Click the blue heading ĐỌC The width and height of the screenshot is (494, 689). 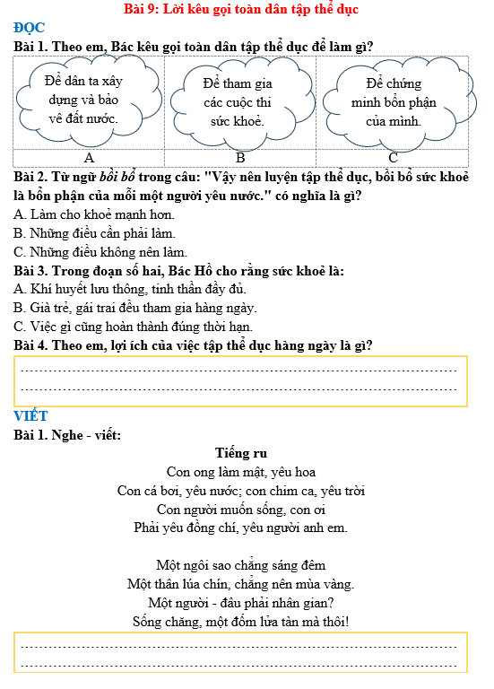(x=30, y=28)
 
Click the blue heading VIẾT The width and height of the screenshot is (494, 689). (x=31, y=416)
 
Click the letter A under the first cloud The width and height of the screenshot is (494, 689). (x=89, y=159)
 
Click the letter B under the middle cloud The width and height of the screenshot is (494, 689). (x=240, y=159)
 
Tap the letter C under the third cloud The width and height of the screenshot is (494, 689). (x=393, y=159)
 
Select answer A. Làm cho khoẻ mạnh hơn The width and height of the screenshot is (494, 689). (x=94, y=214)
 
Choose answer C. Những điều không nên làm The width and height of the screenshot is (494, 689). (x=100, y=252)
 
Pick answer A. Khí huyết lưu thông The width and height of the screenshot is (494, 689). (x=130, y=289)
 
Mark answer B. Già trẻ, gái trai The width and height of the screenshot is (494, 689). (x=135, y=308)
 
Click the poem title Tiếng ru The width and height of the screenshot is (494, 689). (x=241, y=454)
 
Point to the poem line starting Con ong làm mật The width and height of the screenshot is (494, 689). (x=241, y=472)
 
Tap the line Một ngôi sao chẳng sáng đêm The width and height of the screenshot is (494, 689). (x=240, y=565)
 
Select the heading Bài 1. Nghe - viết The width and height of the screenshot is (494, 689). (x=68, y=435)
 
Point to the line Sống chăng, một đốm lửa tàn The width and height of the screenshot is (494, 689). (x=240, y=621)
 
